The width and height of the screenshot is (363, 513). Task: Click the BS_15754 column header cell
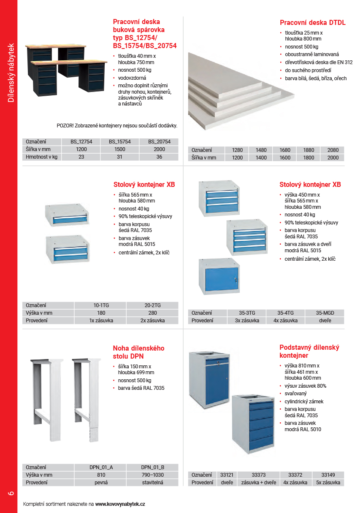(x=120, y=142)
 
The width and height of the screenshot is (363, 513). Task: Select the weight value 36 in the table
(x=159, y=157)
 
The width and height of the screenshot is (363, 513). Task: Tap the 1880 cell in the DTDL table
(x=309, y=150)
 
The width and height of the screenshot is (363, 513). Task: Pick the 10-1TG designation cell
(x=100, y=305)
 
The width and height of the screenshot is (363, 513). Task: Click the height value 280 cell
(x=152, y=313)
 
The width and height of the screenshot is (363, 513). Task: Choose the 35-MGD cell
(x=325, y=313)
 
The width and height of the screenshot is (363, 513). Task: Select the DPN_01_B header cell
(x=152, y=467)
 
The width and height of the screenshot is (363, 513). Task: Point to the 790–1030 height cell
(x=152, y=475)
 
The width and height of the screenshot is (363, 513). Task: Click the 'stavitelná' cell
(x=152, y=483)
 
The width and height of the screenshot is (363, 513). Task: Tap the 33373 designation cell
(x=258, y=475)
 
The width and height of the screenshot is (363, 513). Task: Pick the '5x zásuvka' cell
(x=328, y=483)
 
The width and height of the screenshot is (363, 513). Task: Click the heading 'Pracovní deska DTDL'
(x=312, y=23)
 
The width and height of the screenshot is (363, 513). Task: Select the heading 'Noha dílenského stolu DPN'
(x=138, y=352)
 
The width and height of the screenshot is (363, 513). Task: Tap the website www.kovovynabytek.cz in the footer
(x=120, y=504)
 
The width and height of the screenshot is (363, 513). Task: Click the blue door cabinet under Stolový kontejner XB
(x=219, y=276)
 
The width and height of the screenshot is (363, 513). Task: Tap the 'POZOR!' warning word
(x=65, y=126)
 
